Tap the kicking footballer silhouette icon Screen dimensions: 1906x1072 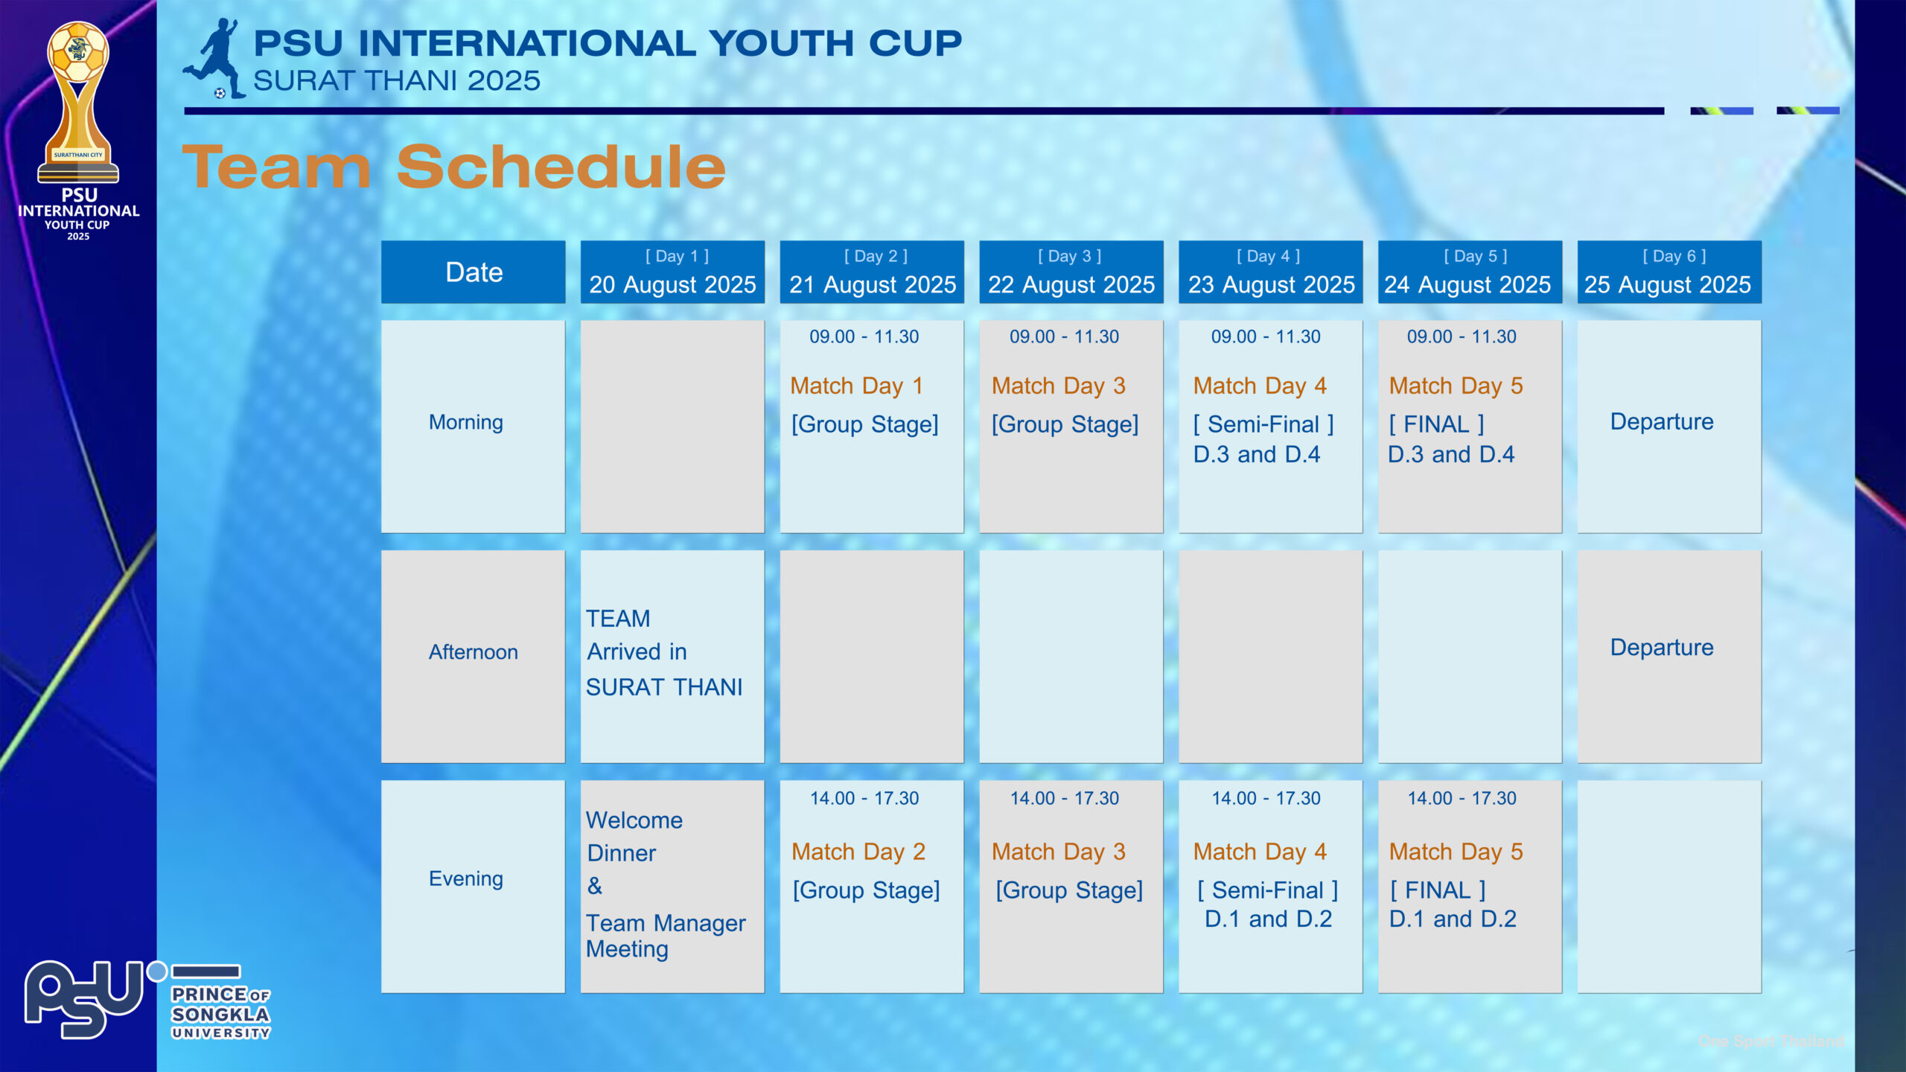[214, 58]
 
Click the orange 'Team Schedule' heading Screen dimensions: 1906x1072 [454, 167]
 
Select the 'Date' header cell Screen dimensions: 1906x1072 [474, 272]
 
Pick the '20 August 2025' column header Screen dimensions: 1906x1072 [672, 272]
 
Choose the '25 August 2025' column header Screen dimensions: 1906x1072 [1669, 272]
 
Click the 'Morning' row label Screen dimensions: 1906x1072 [466, 422]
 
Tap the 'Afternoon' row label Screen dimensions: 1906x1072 [474, 652]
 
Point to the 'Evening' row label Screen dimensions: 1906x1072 [466, 878]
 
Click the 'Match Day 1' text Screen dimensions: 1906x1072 [856, 386]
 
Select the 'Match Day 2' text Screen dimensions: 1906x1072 [858, 852]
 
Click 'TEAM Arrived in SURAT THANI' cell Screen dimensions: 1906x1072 [664, 653]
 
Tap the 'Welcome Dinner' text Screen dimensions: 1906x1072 [634, 836]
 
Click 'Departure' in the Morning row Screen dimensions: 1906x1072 [1662, 421]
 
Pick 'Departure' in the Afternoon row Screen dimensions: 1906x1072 [1662, 647]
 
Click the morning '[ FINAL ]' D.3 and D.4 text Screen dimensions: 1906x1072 [1451, 439]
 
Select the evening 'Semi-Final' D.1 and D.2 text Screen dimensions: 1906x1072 [1268, 904]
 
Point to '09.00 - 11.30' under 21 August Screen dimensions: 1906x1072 [864, 336]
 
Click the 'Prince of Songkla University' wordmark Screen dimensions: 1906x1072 [221, 1012]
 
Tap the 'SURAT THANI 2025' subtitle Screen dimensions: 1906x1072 [397, 80]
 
